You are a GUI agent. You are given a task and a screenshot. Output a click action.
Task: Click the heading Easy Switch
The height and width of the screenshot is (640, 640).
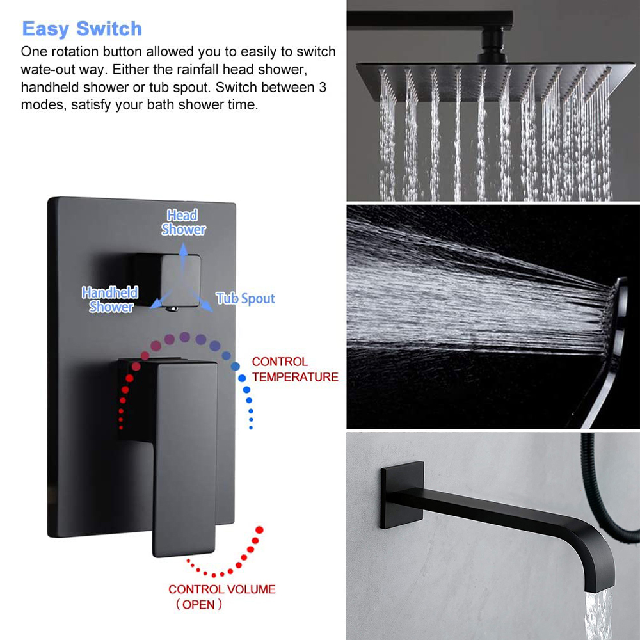82,29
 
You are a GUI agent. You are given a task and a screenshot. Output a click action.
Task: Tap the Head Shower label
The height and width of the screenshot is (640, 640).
183,222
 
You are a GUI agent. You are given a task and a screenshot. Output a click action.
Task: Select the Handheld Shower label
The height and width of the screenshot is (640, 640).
110,300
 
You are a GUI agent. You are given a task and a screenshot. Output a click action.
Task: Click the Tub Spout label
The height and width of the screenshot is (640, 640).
245,298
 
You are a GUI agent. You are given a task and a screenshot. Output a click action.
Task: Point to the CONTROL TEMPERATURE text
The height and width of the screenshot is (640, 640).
294,369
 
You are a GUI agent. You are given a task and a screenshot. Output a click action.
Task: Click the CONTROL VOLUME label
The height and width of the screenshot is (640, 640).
221,589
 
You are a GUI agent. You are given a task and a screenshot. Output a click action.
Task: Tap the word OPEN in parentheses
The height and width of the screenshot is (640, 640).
198,604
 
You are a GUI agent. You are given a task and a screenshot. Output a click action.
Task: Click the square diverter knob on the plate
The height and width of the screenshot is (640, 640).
168,279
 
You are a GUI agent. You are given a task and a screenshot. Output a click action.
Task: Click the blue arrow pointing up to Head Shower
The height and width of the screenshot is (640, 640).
183,259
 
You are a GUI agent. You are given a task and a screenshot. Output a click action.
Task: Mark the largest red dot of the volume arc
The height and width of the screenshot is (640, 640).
259,530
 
